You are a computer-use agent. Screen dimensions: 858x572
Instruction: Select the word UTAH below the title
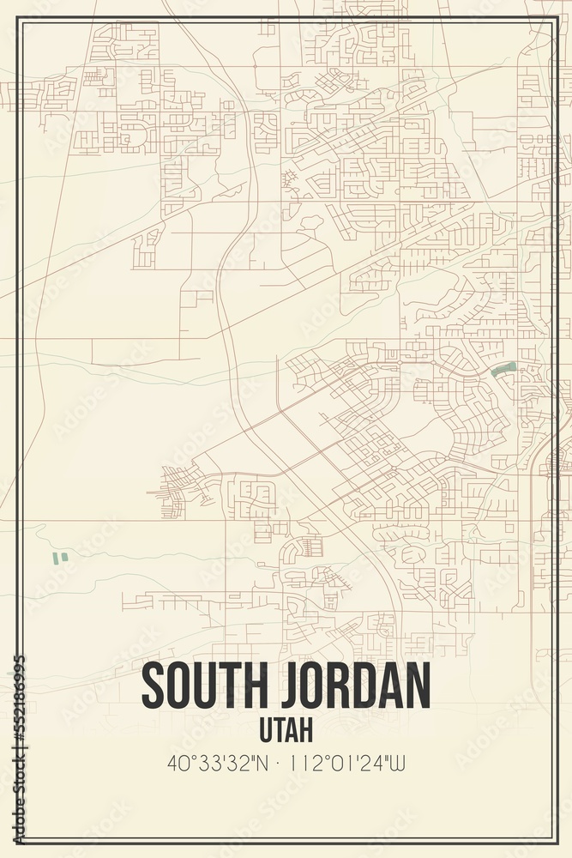(x=286, y=730)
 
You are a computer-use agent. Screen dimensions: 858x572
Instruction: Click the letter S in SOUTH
(x=154, y=686)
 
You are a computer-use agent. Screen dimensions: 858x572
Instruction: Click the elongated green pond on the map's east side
(x=503, y=369)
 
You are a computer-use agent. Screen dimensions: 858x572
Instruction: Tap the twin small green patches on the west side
(x=60, y=558)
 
